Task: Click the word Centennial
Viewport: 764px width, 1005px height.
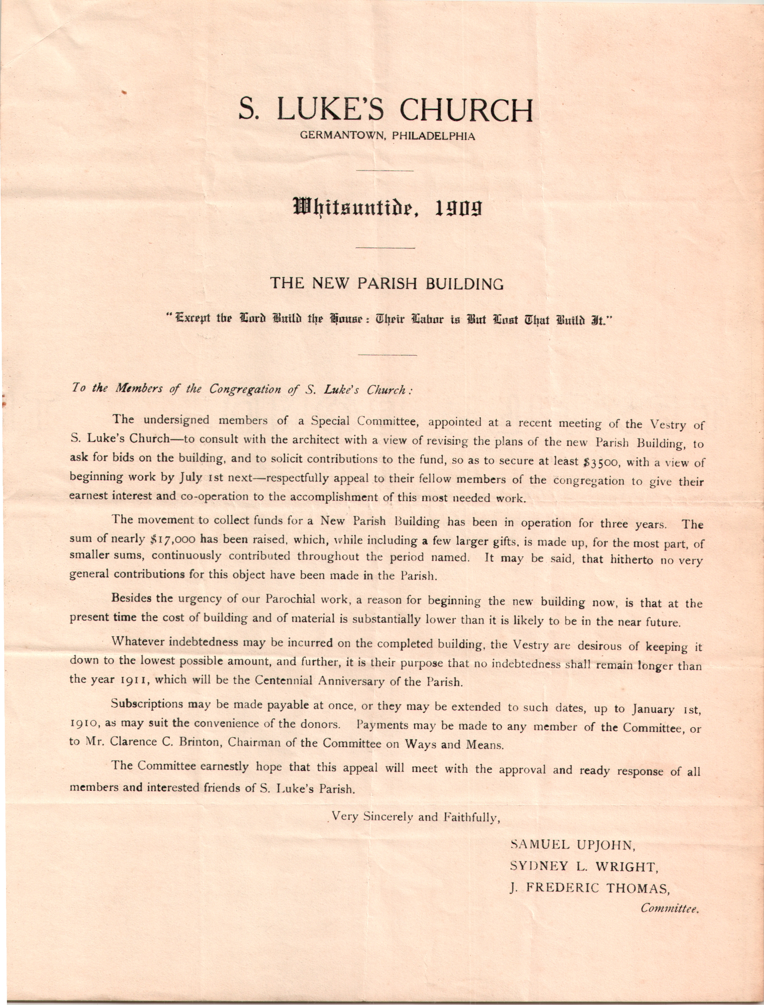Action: [283, 681]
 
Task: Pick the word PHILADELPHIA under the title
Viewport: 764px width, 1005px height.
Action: [433, 136]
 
